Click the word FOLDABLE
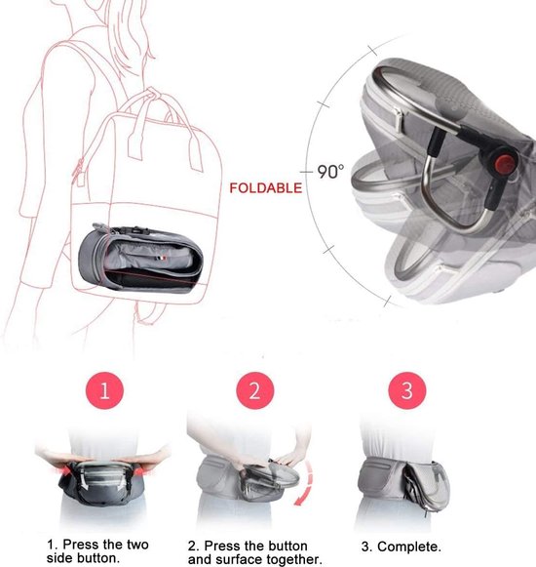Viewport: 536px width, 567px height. click(x=265, y=188)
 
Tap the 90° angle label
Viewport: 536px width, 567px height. click(x=330, y=172)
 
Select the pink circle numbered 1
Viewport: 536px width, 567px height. click(x=104, y=390)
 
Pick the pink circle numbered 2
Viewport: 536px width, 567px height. click(x=255, y=390)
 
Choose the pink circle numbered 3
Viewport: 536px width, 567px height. click(x=407, y=390)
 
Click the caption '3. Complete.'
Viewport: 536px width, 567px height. click(x=401, y=547)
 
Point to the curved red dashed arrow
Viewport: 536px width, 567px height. click(x=306, y=483)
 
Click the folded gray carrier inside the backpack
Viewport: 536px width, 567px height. click(x=140, y=258)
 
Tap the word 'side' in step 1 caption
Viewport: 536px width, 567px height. click(x=59, y=558)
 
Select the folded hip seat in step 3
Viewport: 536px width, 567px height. click(x=427, y=485)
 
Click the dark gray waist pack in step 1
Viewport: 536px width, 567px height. click(x=102, y=483)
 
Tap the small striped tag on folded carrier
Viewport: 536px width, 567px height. click(x=162, y=259)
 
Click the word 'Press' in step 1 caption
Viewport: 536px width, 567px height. click(x=82, y=545)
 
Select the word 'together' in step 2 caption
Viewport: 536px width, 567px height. click(x=293, y=559)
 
